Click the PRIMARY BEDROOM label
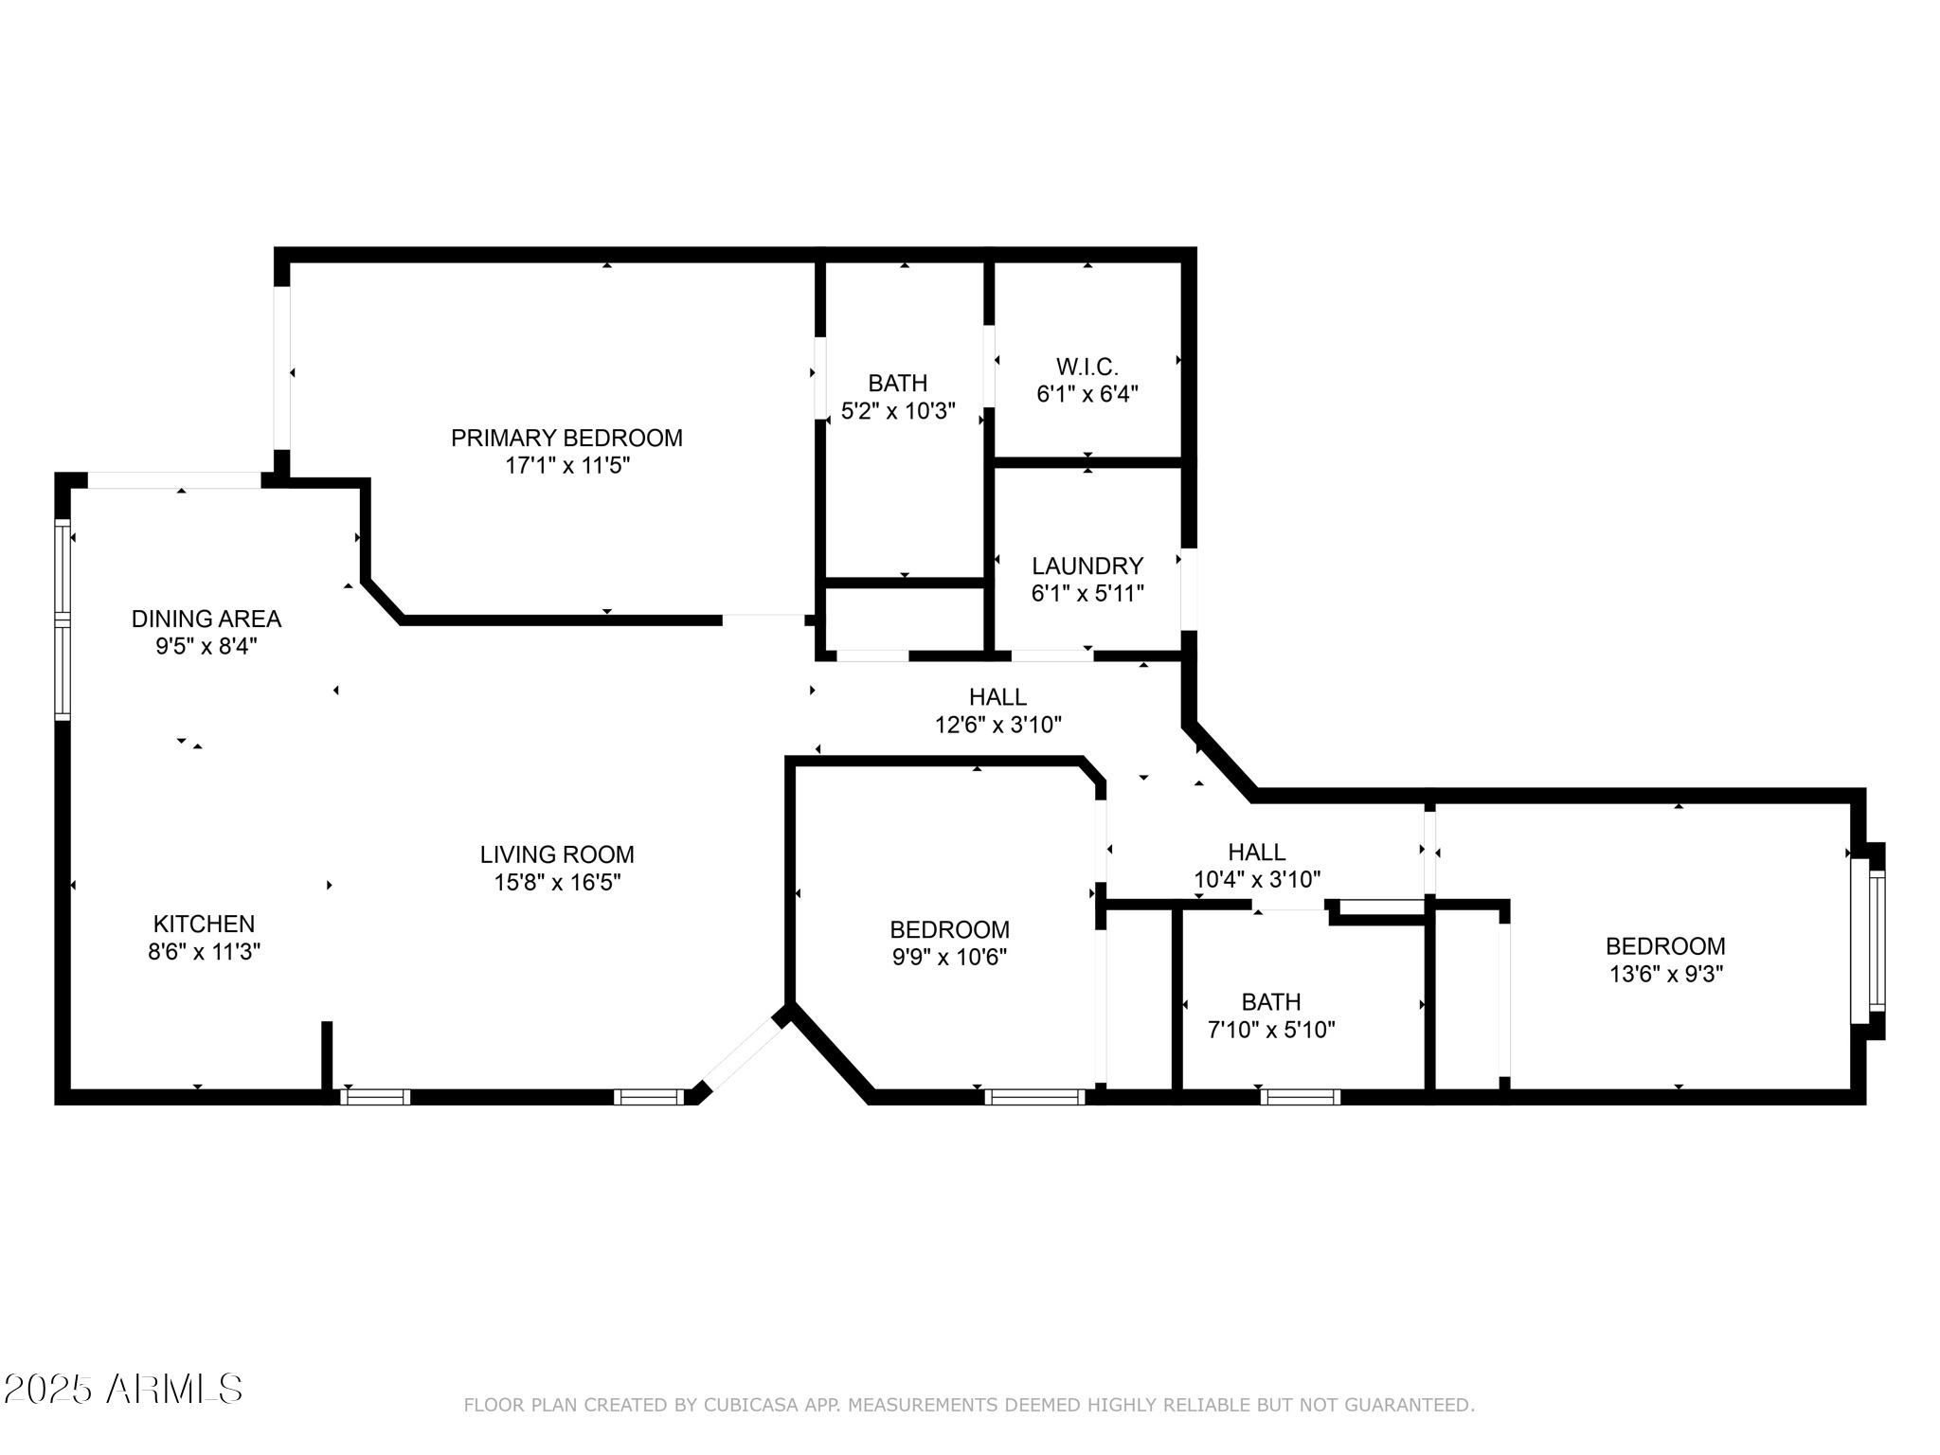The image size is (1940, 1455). (x=566, y=438)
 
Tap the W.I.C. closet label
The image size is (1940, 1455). (x=1087, y=367)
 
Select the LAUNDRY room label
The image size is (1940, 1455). (x=1087, y=566)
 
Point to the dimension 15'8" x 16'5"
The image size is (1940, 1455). (x=557, y=883)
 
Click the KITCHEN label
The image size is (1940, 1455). (x=204, y=924)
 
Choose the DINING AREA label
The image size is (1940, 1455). (x=206, y=619)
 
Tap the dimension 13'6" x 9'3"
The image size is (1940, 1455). (x=1665, y=974)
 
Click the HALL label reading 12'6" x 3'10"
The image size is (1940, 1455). (x=997, y=697)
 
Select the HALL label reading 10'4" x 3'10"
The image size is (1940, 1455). (x=1256, y=852)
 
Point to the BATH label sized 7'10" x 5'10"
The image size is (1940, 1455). (x=1271, y=1001)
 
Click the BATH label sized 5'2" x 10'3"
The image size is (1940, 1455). (x=897, y=383)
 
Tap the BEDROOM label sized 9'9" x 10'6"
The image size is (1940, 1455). (x=949, y=929)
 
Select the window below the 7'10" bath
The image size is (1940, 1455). (x=1300, y=1097)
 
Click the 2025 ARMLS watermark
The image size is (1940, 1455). (x=123, y=1389)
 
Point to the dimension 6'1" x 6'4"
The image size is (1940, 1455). (x=1087, y=394)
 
